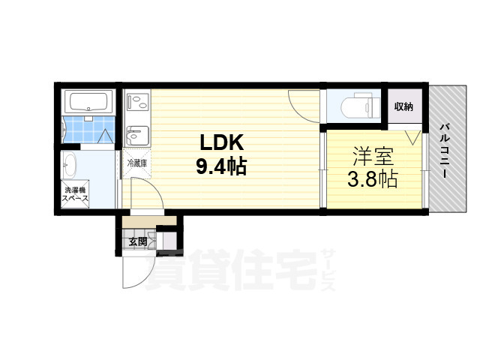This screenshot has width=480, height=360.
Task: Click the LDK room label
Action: pos(222,142)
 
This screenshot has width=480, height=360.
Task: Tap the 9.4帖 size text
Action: pos(221,166)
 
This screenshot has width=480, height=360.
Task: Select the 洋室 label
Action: pos(373,156)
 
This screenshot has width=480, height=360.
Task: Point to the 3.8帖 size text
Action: pos(373,179)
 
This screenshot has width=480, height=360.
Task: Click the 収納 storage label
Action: pos(403,106)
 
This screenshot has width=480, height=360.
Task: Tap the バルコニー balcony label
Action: pos(445,150)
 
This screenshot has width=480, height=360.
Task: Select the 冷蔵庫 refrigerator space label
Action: pos(136,163)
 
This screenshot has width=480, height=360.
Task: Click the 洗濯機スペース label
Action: pos(75,194)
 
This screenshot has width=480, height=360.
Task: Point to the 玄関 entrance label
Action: pos(137,241)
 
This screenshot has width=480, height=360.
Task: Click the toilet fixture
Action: pos(360,106)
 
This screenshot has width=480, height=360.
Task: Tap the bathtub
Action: pos(88,102)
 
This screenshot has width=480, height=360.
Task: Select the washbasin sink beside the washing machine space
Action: pos(70,165)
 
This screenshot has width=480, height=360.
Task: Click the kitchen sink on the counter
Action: pos(138,136)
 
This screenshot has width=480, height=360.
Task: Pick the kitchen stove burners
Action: pos(138,103)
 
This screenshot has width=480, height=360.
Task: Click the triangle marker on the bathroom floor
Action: pos(106,136)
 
